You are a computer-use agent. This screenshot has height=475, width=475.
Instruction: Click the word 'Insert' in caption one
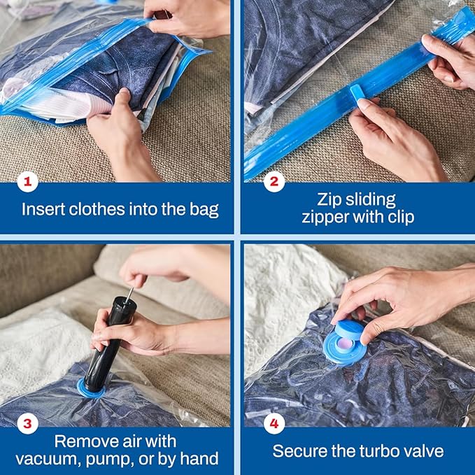(x=41, y=208)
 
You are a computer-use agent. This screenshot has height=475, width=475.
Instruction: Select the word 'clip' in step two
(x=399, y=218)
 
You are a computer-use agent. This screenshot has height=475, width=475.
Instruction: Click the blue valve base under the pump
(x=91, y=389)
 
